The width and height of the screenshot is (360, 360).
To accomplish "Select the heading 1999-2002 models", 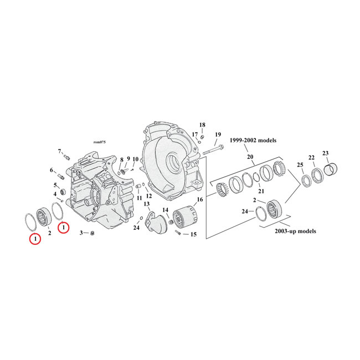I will click(254, 141).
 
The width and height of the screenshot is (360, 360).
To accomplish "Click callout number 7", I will click(59, 151).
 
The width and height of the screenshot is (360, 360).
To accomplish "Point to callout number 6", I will click(52, 170).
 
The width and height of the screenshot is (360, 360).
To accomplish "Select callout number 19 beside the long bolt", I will click(218, 135).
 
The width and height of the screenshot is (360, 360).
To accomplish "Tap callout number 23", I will click(325, 153).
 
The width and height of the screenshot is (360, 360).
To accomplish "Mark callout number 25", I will click(300, 165).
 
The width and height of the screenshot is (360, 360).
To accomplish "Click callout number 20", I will click(250, 157).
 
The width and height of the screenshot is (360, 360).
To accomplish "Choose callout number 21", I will click(261, 191).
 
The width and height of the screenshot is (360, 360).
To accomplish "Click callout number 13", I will click(147, 204).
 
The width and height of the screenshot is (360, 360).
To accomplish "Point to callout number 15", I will click(193, 234).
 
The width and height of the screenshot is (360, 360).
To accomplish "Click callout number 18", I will click(202, 125).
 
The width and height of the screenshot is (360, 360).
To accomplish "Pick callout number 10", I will click(135, 160).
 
